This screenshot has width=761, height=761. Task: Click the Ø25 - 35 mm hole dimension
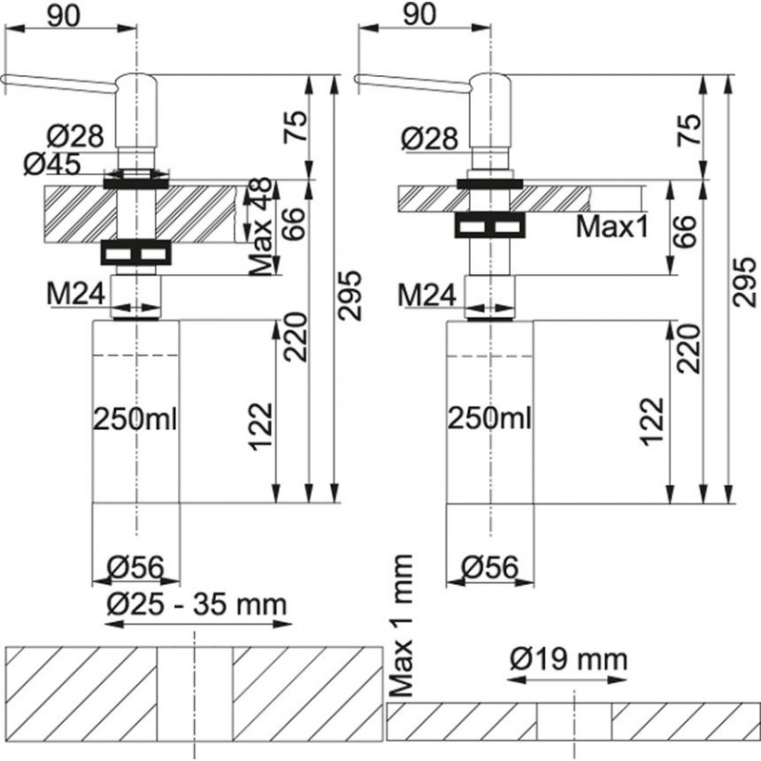click(x=198, y=604)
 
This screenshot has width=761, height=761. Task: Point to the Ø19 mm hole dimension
click(x=568, y=658)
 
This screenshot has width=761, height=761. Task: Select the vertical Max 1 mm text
click(x=402, y=623)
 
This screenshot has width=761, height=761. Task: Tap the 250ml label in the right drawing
click(x=489, y=419)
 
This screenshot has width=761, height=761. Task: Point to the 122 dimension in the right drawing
click(x=653, y=423)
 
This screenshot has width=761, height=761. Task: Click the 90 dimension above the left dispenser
click(x=64, y=15)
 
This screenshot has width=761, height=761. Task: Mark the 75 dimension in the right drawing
click(x=692, y=128)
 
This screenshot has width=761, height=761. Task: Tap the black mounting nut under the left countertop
click(x=136, y=253)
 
